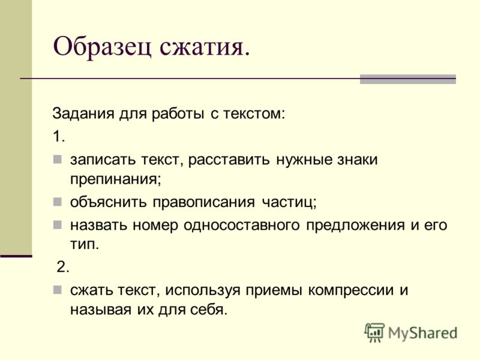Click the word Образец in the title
102,47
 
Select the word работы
178,113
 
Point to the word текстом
254,113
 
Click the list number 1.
58,136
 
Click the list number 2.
63,267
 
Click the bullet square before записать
57,159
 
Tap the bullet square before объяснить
57,202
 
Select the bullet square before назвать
57,225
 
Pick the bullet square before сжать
57,290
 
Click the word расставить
229,160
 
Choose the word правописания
203,202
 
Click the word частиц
289,202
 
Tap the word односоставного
242,226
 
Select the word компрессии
351,290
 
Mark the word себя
209,310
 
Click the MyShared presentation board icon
374,332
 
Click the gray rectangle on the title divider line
408,79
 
